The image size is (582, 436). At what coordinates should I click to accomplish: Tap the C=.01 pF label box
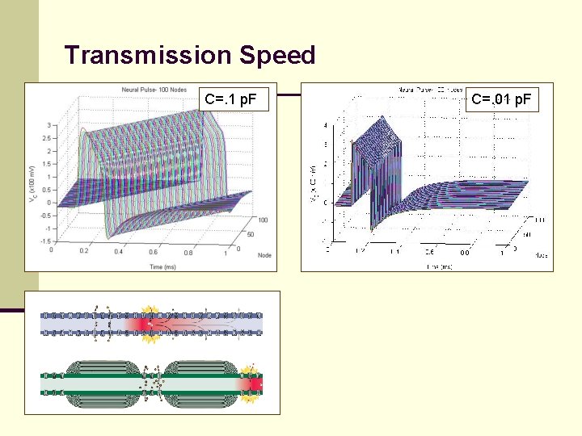point(501,100)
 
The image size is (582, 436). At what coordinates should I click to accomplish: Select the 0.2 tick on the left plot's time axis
point(85,252)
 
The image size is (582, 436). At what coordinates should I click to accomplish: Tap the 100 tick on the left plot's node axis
point(263,219)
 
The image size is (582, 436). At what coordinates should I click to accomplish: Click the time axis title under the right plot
point(439,266)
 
